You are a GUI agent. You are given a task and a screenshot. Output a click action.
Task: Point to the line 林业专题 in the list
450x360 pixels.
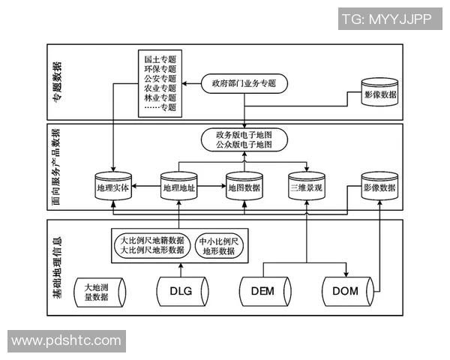160,97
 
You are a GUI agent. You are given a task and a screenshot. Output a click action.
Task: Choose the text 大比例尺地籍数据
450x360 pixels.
152,241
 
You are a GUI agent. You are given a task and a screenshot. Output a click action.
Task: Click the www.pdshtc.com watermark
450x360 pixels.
66,341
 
